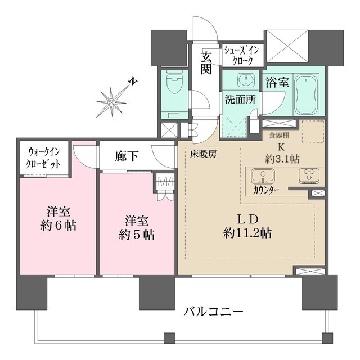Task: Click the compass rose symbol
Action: (x=112, y=102)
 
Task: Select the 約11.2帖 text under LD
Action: (x=247, y=232)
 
